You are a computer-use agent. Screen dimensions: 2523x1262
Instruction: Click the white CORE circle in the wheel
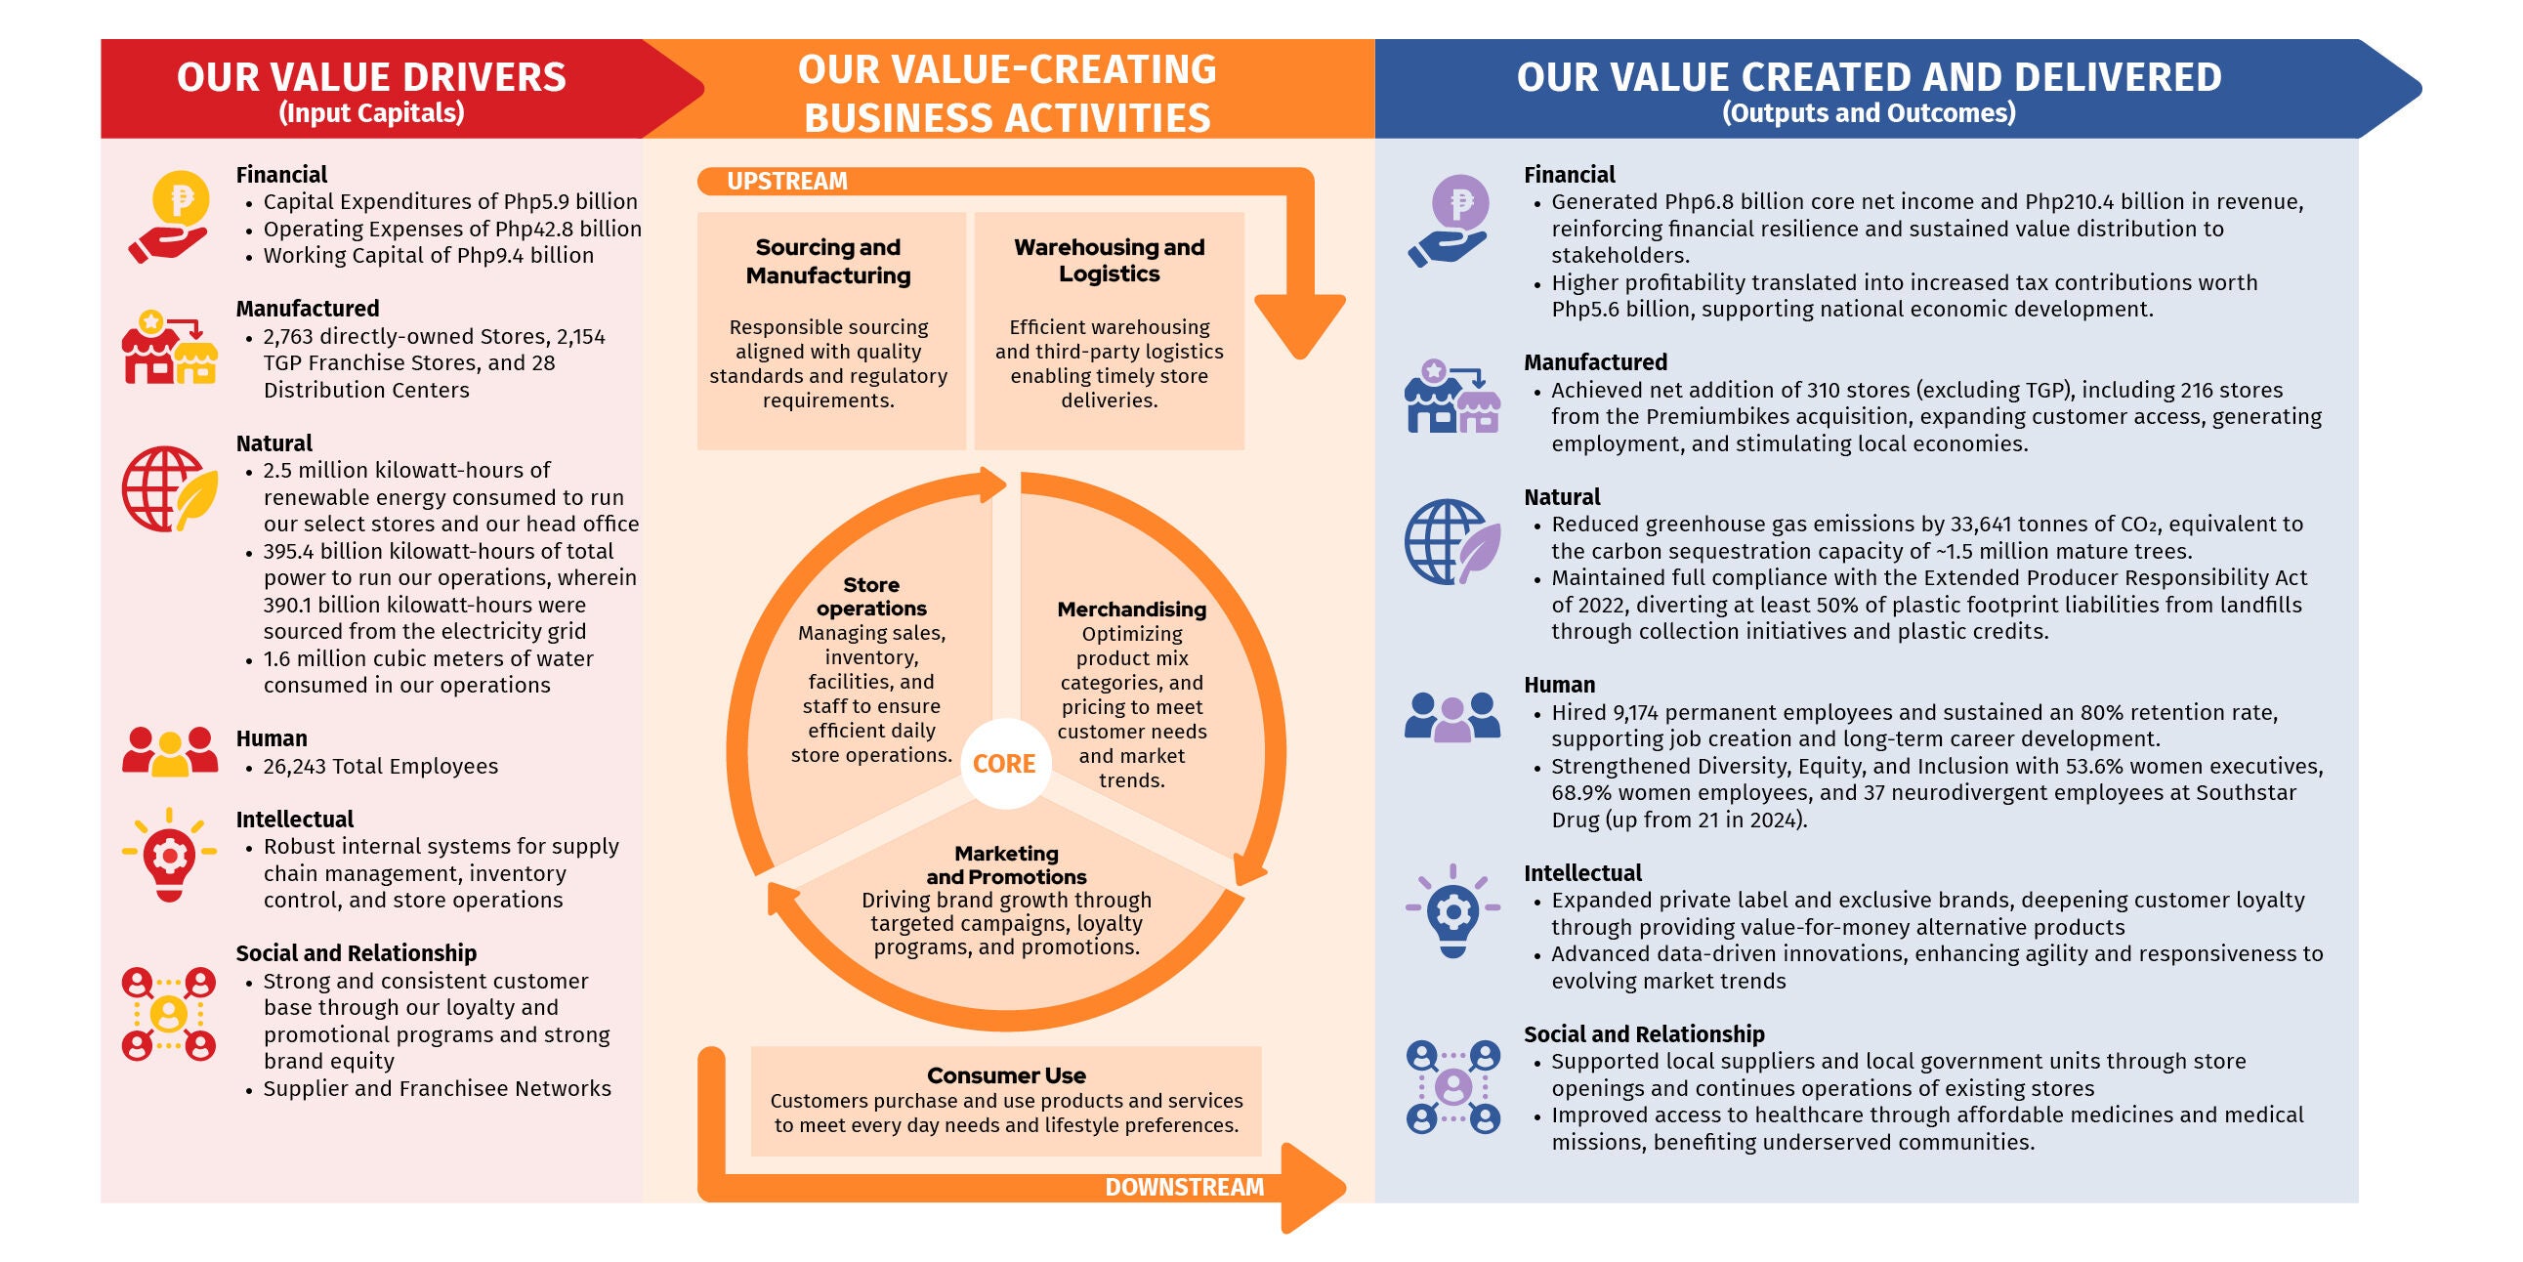coord(1005,763)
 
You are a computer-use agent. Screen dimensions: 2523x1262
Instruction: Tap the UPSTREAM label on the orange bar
coord(786,182)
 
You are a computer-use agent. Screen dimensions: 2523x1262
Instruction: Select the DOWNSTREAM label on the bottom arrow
coord(1184,1188)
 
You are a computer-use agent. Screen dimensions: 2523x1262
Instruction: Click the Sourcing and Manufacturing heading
coord(828,262)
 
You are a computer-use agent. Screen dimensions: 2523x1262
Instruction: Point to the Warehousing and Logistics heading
coord(1109,261)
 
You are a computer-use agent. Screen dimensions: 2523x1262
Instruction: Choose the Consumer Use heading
coord(1006,1075)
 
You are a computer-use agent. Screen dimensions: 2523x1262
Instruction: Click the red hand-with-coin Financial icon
coord(168,217)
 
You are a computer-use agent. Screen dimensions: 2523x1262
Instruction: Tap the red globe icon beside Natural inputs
coord(169,489)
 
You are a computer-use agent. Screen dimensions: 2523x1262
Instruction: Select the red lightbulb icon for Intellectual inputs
coord(169,855)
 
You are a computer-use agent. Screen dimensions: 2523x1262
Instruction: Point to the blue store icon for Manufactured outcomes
coord(1452,396)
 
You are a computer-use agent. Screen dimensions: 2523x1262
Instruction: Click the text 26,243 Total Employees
coord(380,766)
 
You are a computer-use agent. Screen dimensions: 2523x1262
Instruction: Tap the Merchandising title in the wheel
coord(1131,610)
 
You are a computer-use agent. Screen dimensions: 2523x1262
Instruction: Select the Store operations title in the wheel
coord(870,597)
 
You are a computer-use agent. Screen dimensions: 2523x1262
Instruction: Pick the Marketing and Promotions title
coord(1006,865)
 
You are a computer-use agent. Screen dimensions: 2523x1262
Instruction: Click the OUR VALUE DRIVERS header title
coord(371,77)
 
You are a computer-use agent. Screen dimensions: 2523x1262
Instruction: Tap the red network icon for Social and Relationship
coord(168,1014)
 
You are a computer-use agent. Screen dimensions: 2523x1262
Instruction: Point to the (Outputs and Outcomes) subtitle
coord(1869,113)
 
